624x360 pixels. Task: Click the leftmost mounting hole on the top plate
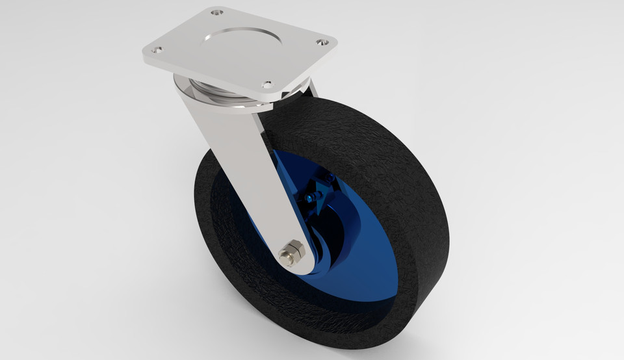157,49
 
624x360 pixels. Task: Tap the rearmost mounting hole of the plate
217,12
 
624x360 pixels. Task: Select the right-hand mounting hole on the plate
321,42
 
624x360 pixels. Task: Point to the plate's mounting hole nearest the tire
267,84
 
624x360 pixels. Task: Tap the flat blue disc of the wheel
364,260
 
